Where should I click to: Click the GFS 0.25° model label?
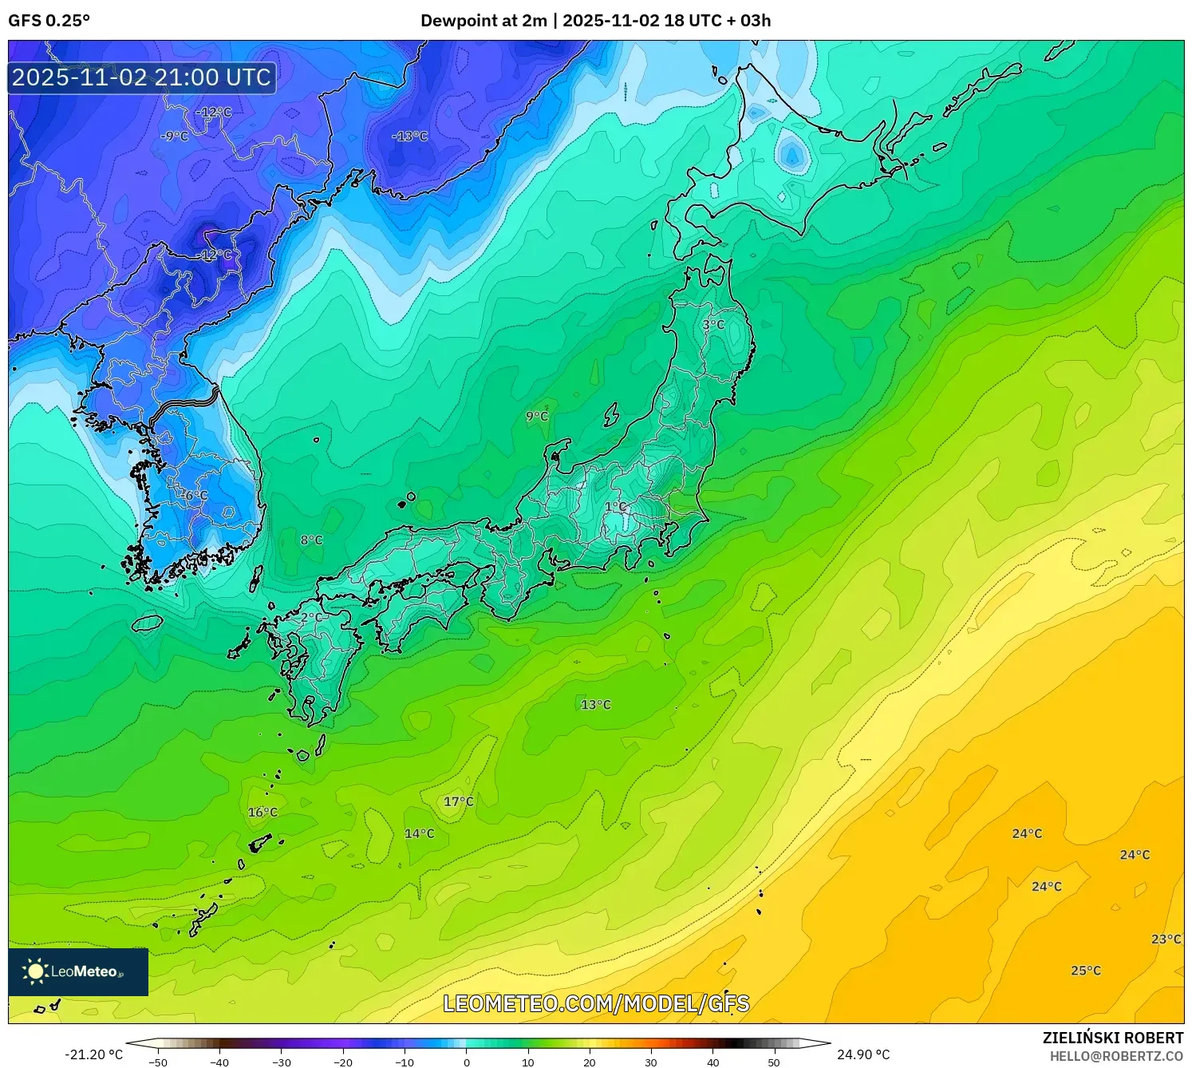49,21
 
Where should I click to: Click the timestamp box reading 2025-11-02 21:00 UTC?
142,77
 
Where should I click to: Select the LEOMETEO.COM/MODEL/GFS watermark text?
596,1003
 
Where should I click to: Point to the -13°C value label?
409,136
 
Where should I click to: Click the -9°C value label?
174,136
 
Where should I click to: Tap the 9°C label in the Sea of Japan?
537,417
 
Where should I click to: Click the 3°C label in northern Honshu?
713,325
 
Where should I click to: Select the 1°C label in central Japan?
615,507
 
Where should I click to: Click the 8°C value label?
311,540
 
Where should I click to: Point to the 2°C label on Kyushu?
311,618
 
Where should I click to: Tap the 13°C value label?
596,705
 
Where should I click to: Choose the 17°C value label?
459,801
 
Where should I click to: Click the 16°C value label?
262,813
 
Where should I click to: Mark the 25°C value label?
1086,971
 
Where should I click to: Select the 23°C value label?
1166,939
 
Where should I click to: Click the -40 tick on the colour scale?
219,1062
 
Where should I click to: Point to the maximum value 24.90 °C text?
863,1054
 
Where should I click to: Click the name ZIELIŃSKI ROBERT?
1113,1038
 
